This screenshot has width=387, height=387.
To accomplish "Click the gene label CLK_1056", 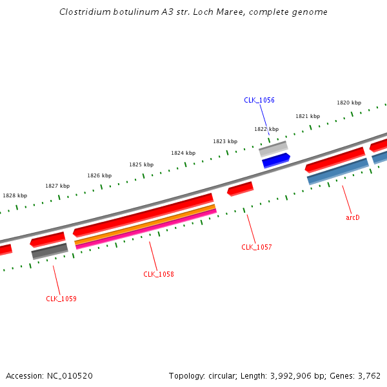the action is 259,100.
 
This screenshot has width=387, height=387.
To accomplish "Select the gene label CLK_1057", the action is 256,247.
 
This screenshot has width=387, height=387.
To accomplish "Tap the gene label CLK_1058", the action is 158,274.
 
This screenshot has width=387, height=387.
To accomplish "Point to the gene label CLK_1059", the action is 61,299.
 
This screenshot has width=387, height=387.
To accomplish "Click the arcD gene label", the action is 352,217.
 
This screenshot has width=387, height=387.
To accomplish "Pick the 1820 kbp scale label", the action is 348,103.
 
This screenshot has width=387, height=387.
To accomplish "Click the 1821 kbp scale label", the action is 308,116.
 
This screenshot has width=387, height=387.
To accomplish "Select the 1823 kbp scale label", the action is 225,141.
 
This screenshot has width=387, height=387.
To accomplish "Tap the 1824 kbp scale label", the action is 183,153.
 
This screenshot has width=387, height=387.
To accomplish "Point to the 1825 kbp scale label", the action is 141,164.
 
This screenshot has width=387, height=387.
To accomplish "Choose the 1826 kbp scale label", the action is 99,175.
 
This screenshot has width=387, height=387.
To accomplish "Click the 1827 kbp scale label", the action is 57,186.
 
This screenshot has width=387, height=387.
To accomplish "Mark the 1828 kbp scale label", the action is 15,195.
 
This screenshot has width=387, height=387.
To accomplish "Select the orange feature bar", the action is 144,225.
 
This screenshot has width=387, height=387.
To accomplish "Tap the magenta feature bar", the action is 146,230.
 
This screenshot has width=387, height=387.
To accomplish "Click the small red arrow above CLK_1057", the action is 240,188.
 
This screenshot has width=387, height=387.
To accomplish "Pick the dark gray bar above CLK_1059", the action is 50,251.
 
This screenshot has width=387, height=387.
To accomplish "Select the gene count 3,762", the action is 370,375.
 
